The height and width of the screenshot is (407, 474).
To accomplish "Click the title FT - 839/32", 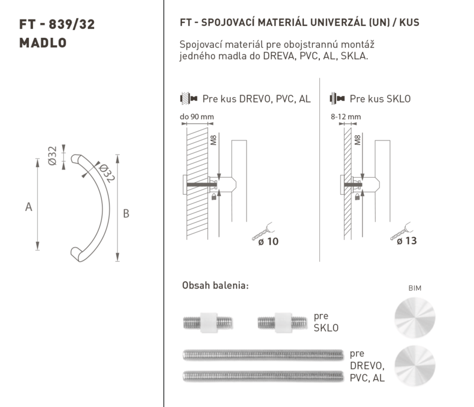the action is click(x=57, y=24).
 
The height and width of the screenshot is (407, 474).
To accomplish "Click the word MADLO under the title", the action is click(x=43, y=43).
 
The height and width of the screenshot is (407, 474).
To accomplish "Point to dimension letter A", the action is click(x=28, y=207).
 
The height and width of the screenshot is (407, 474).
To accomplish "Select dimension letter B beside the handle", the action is click(x=126, y=214).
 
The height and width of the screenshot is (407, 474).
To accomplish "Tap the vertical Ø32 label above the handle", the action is click(x=52, y=156).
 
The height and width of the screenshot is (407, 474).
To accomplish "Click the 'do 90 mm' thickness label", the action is click(x=197, y=117).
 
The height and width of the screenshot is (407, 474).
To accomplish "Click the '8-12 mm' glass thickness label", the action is click(x=346, y=117).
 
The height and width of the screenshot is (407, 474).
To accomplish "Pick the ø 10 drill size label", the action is click(x=268, y=242).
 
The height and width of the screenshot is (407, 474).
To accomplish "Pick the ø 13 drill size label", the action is click(x=406, y=241).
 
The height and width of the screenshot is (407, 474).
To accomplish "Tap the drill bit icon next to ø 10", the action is click(x=262, y=231).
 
